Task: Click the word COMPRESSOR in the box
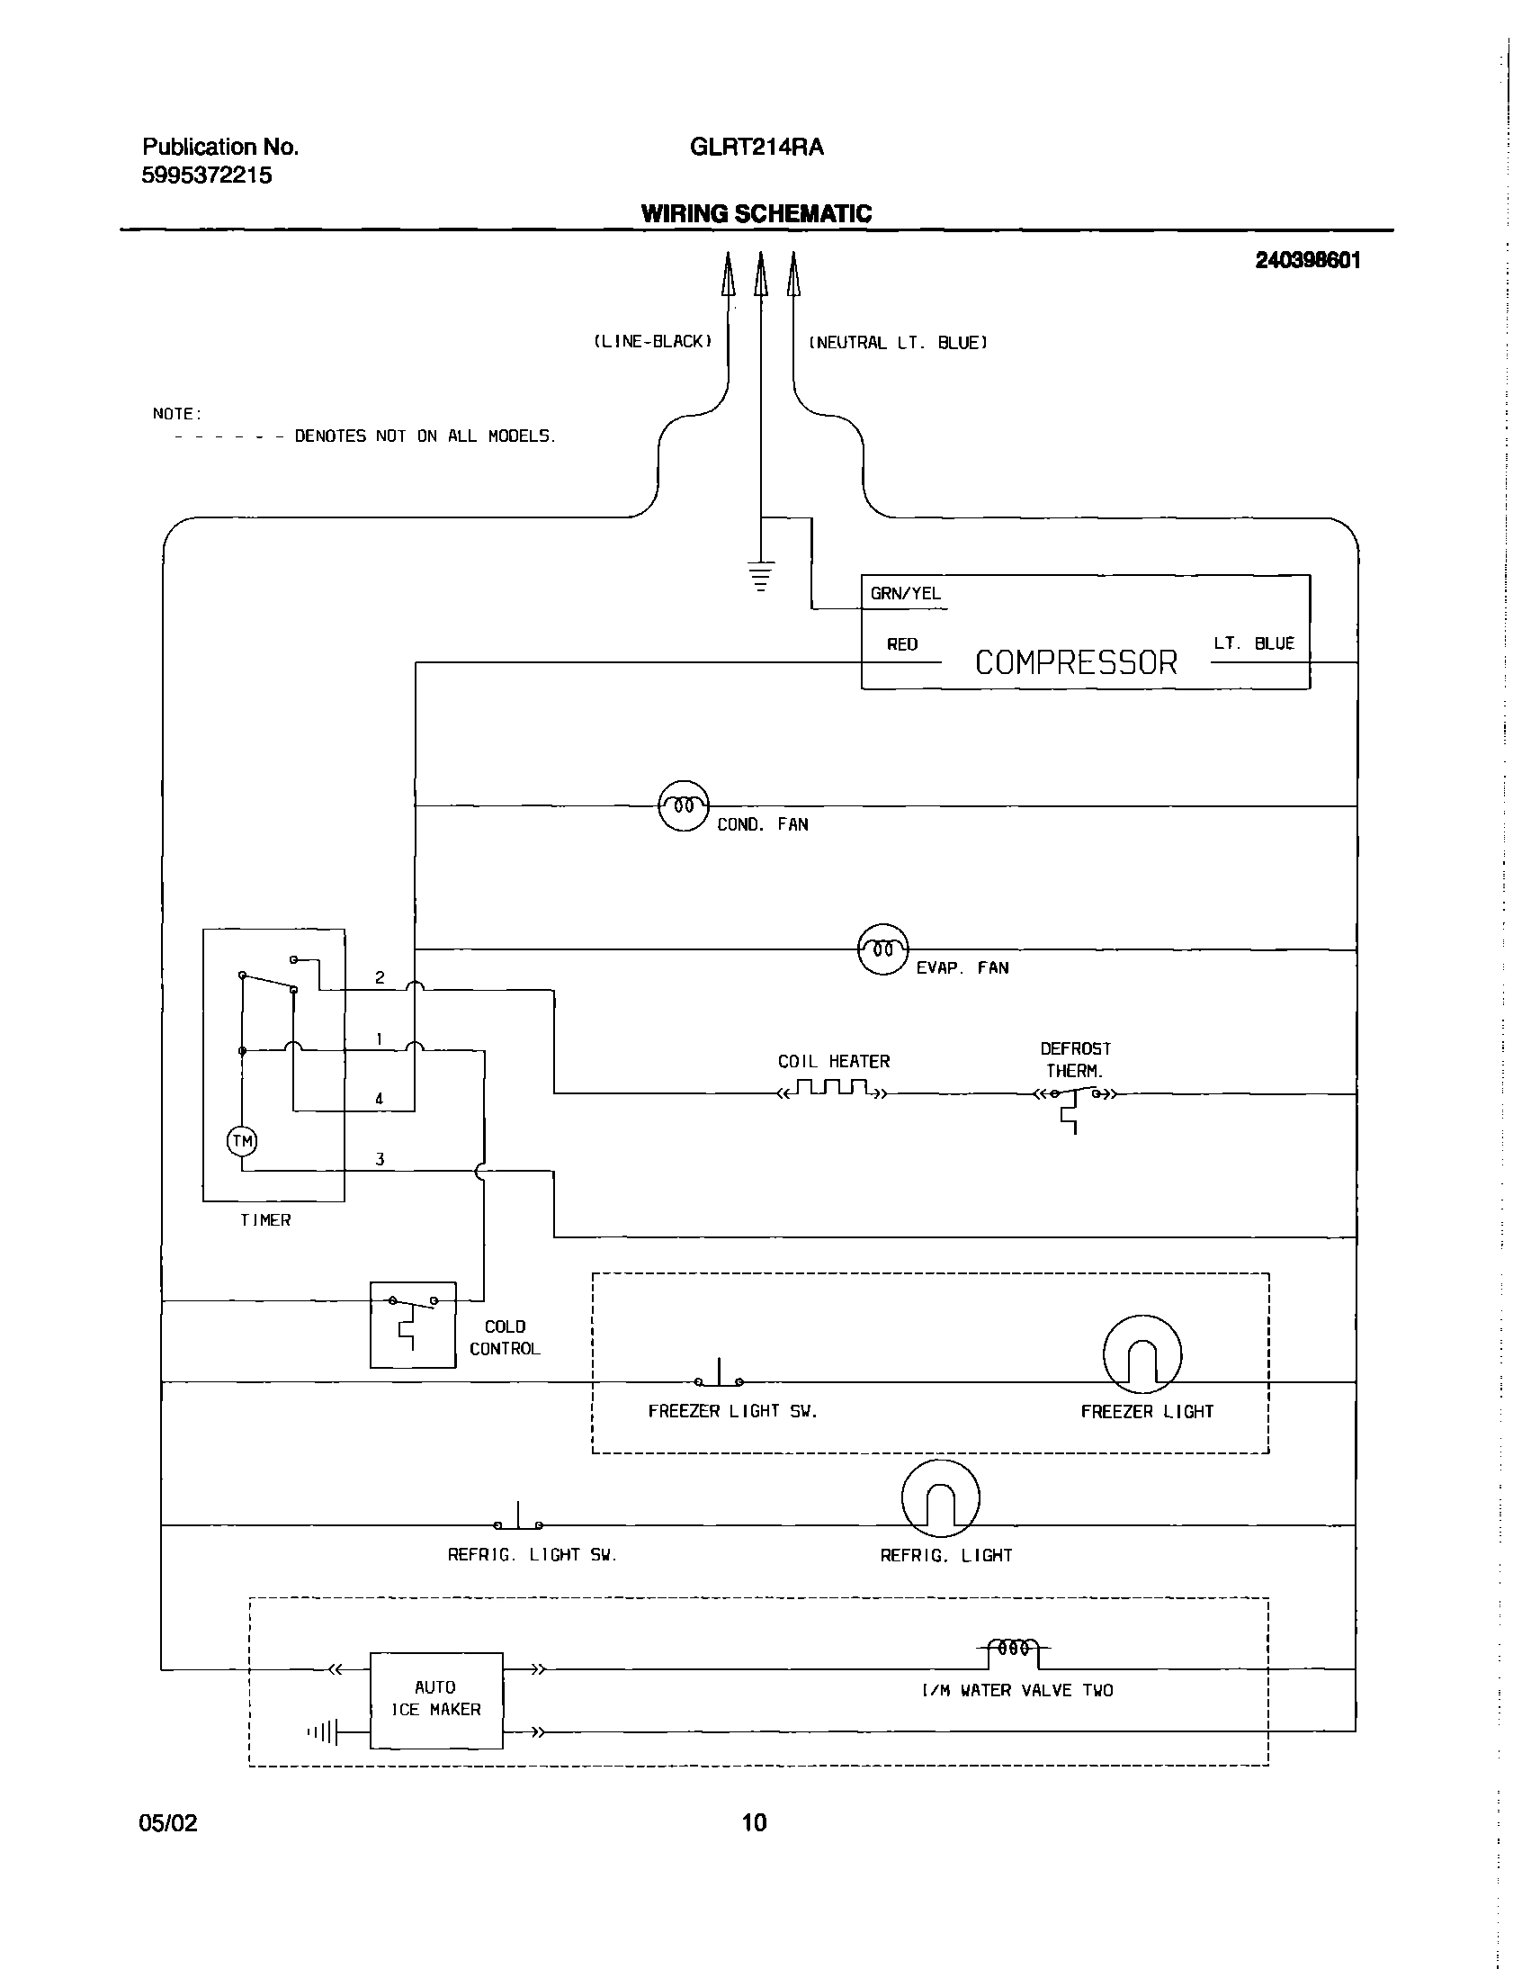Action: click(x=1076, y=663)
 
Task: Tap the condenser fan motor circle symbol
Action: click(x=684, y=805)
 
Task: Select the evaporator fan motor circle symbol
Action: click(x=883, y=949)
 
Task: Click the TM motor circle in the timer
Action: click(x=242, y=1141)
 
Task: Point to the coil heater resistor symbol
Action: click(x=833, y=1088)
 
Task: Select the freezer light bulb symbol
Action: click(x=1142, y=1353)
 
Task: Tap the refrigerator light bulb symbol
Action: click(x=939, y=1498)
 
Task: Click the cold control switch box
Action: click(x=413, y=1324)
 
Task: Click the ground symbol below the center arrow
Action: click(x=761, y=574)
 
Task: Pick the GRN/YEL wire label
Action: click(x=905, y=594)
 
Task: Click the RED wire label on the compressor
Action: click(x=902, y=644)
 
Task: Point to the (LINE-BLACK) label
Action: click(x=653, y=342)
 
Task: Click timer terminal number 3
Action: click(x=380, y=1159)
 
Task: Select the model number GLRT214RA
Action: click(x=757, y=147)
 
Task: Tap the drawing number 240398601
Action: click(x=1307, y=261)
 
